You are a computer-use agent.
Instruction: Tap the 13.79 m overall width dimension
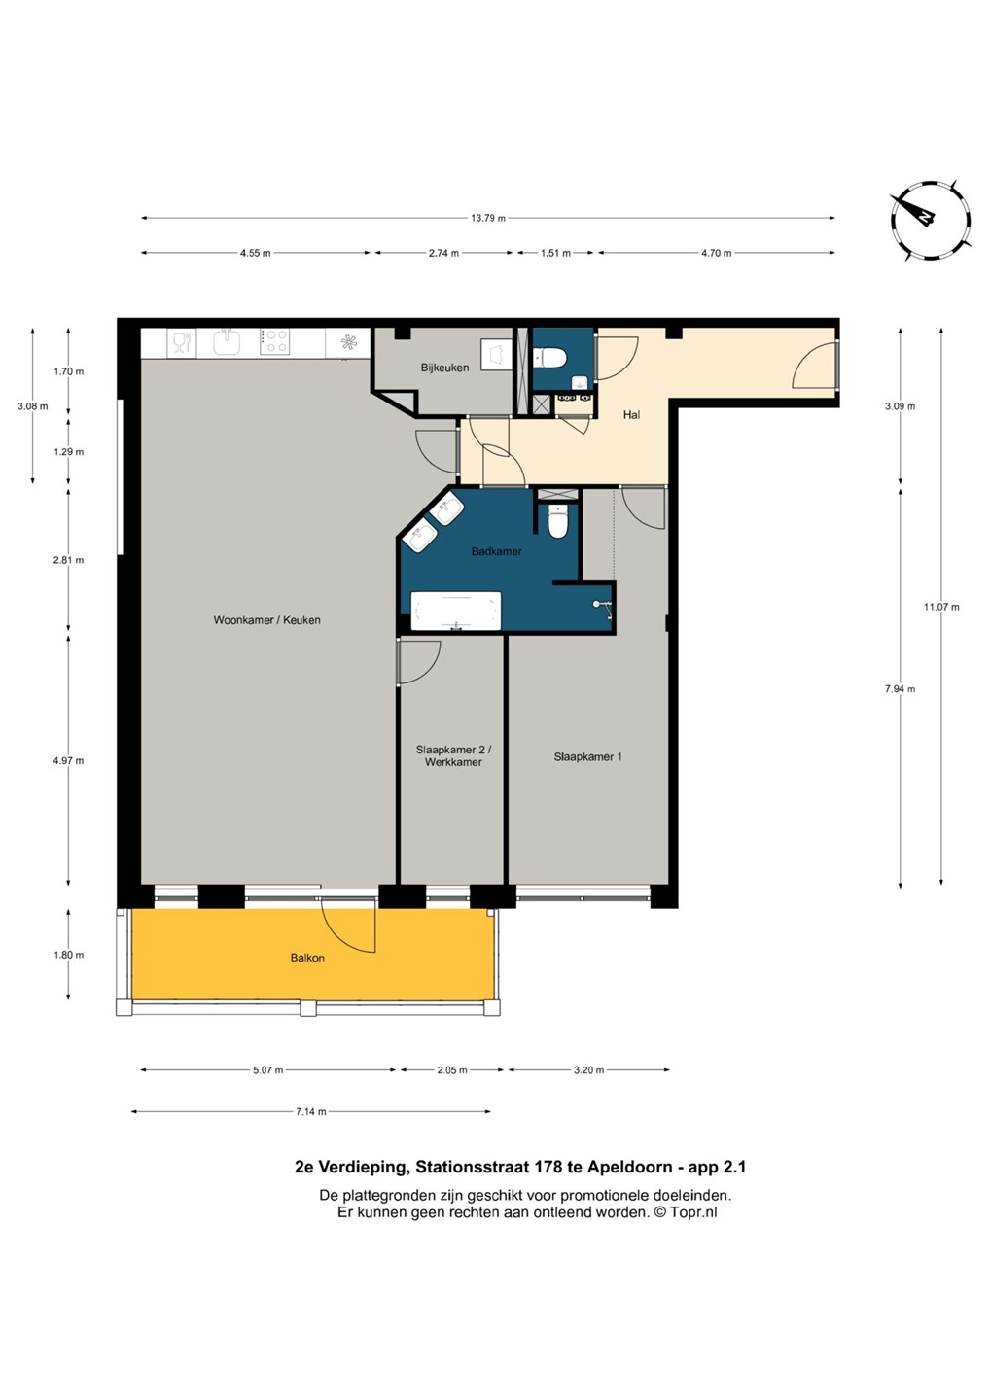click(x=487, y=218)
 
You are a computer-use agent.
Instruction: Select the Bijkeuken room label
click(x=444, y=367)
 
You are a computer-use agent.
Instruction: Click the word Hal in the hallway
click(x=631, y=414)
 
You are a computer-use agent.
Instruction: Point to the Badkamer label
click(x=496, y=552)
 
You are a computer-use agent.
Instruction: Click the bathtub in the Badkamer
click(x=456, y=612)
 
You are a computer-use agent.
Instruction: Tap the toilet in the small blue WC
click(x=549, y=358)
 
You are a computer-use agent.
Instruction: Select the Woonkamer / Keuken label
click(x=266, y=620)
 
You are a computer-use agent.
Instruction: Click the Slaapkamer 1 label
click(x=587, y=756)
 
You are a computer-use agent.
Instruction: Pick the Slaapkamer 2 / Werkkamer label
click(x=453, y=755)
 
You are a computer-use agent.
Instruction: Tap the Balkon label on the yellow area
click(x=307, y=958)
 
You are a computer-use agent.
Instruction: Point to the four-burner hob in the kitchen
click(x=274, y=342)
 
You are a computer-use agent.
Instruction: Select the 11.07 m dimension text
click(x=941, y=607)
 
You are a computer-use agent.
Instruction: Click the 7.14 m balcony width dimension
click(x=310, y=1112)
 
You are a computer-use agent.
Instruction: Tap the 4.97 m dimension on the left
click(x=68, y=760)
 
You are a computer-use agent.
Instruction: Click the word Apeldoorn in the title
click(x=630, y=1167)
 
